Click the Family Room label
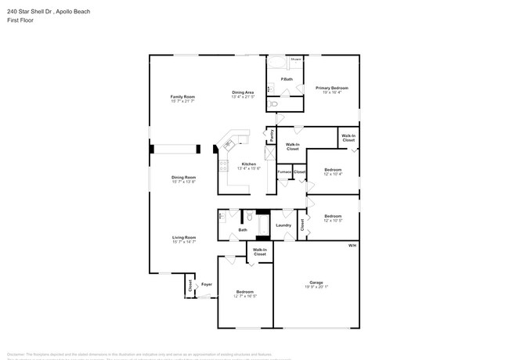182,97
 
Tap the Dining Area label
243,92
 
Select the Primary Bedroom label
332,88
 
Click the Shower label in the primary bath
296,59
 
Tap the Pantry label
272,135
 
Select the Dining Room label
184,178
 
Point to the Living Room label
184,237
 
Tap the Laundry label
283,225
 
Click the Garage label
316,282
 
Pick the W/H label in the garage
352,245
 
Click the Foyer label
207,284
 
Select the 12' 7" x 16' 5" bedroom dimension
245,297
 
